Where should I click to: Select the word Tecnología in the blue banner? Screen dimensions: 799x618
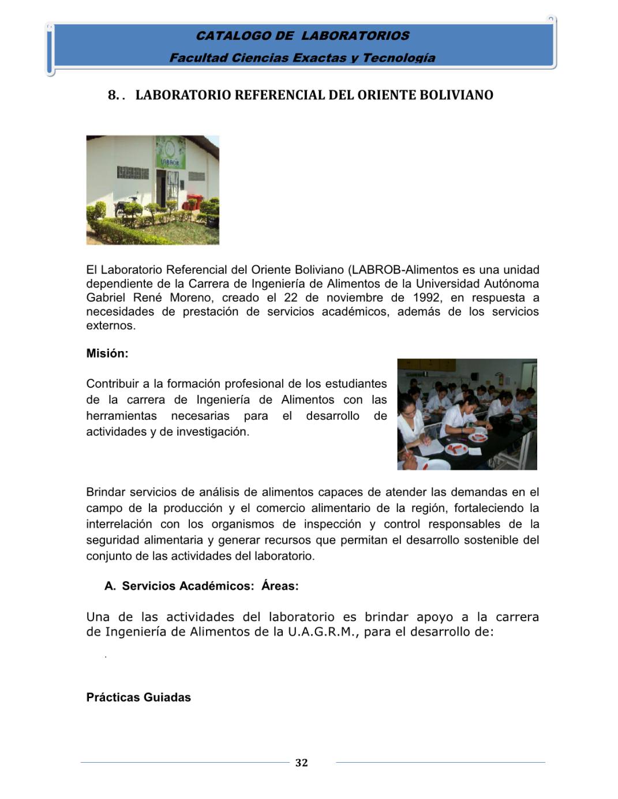[x=399, y=58]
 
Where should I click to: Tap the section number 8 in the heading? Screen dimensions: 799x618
[x=113, y=95]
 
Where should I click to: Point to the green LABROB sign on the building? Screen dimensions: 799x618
[x=170, y=152]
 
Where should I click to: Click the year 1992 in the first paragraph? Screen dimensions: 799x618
[x=426, y=298]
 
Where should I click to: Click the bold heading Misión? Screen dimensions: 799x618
[x=107, y=353]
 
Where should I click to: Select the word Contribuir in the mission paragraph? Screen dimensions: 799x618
[x=113, y=384]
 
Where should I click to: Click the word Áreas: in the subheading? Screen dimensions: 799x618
[x=280, y=586]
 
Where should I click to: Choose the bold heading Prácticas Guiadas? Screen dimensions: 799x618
[x=138, y=698]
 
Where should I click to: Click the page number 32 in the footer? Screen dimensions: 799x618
[x=301, y=763]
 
